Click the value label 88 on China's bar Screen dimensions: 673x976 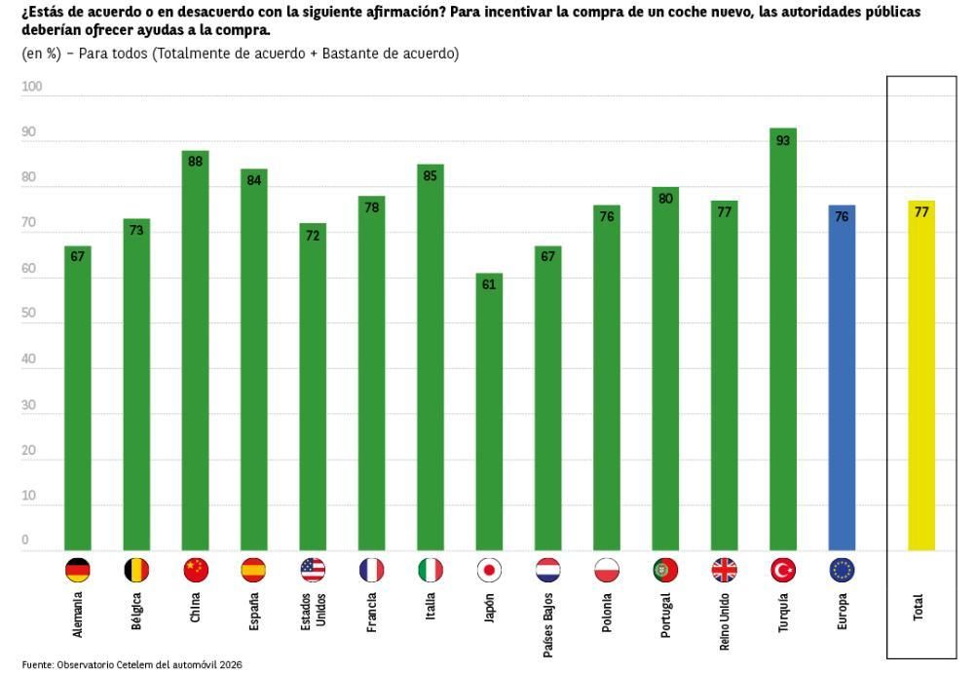click(195, 162)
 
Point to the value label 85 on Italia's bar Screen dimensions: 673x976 click(430, 175)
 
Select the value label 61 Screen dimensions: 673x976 click(489, 284)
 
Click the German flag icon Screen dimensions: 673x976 click(78, 571)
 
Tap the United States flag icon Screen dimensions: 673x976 click(313, 571)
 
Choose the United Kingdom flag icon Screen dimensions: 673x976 click(724, 571)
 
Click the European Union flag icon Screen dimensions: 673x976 click(842, 571)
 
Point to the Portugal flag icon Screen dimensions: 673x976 click(665, 571)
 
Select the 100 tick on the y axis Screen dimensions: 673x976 click(32, 88)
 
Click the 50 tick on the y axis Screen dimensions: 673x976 click(29, 314)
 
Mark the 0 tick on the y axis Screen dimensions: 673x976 click(25, 541)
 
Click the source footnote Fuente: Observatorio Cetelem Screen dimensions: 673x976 click(131, 664)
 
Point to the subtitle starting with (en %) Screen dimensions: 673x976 click(240, 54)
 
